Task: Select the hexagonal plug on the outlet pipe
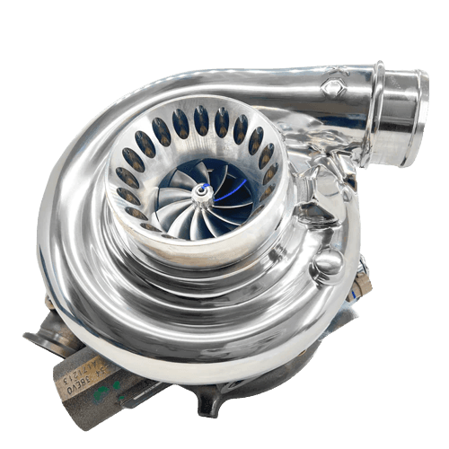[x=333, y=88]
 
